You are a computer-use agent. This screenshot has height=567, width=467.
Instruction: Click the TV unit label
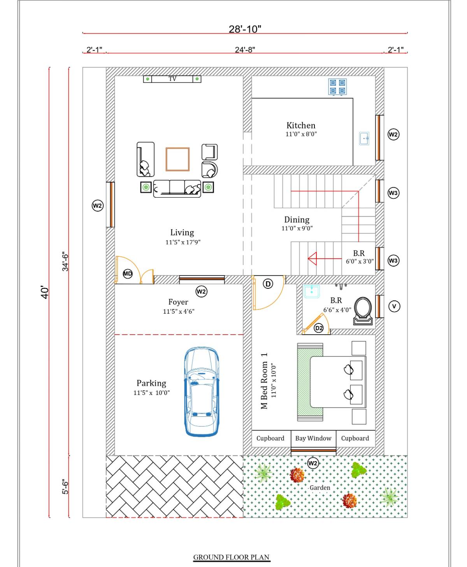point(172,79)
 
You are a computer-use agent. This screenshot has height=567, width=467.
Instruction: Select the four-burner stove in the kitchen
point(337,87)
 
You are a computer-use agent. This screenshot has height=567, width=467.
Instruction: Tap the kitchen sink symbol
point(364,139)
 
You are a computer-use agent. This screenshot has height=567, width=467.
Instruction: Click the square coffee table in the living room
point(177,160)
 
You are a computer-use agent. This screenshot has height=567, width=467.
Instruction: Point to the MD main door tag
point(128,274)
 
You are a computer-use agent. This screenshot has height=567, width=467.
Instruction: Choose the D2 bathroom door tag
point(319,328)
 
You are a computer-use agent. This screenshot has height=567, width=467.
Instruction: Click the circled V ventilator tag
point(394,306)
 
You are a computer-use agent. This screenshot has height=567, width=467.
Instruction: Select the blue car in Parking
point(202,391)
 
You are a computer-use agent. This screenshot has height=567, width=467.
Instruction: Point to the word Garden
point(320,488)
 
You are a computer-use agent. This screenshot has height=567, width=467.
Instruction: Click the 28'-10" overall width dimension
point(245,29)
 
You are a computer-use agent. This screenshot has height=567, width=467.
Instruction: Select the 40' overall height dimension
point(45,292)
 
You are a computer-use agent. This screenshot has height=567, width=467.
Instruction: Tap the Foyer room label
point(178,302)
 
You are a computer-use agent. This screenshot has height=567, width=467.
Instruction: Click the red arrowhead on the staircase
point(313,258)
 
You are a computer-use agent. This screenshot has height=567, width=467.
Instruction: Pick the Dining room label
point(297,219)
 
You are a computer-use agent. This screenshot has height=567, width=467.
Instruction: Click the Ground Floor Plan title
point(231,557)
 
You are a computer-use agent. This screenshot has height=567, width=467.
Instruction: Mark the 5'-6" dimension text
point(65,486)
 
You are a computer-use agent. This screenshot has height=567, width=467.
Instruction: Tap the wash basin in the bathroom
point(311,291)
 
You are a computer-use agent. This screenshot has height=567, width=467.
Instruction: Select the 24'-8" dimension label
point(245,50)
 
